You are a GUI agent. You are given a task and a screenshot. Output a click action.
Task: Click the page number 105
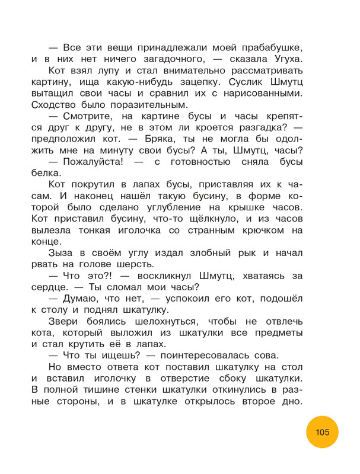coord(322,432)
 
